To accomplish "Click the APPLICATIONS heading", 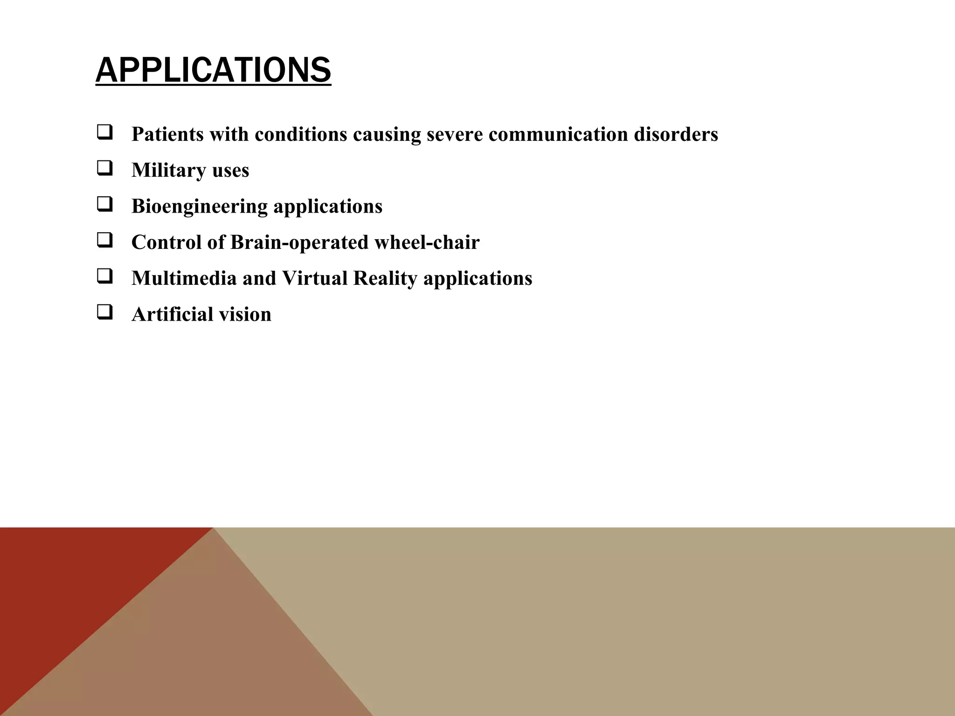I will tap(213, 70).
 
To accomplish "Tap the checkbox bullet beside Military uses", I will tap(104, 168).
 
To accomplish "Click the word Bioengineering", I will tap(199, 207).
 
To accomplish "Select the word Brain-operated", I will tap(299, 242).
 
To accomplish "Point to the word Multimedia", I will tap(184, 278).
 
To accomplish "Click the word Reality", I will tap(385, 279).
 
